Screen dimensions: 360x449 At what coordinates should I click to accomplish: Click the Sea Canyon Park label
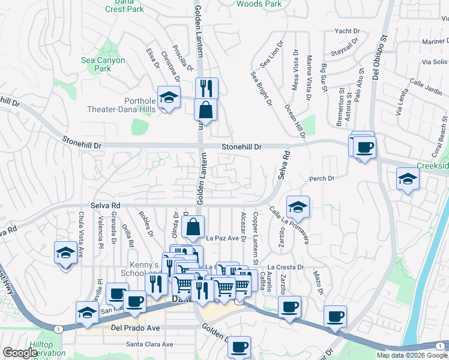point(103,64)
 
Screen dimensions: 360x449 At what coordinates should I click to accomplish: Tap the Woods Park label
point(259,4)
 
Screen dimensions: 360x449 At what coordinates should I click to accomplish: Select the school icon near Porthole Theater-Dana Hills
point(169,98)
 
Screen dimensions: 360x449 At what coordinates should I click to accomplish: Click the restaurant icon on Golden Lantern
point(206,88)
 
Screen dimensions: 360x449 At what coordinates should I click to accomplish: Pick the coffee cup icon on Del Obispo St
point(364,146)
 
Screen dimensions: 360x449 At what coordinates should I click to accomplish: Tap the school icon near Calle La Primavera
point(298,208)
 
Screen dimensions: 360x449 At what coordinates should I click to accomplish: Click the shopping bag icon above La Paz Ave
point(193,228)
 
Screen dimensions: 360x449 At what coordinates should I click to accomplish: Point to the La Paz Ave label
point(223,238)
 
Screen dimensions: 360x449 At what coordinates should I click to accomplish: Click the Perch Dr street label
point(321,179)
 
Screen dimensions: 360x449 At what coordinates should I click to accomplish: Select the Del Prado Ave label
point(136,328)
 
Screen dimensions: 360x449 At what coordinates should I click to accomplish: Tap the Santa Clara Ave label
point(149,344)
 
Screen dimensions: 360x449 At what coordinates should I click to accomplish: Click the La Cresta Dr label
point(286,267)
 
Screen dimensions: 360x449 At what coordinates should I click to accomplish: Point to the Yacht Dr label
point(347,31)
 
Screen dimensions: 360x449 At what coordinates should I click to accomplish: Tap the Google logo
point(20,353)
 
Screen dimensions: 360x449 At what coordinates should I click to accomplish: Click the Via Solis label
point(435,62)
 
